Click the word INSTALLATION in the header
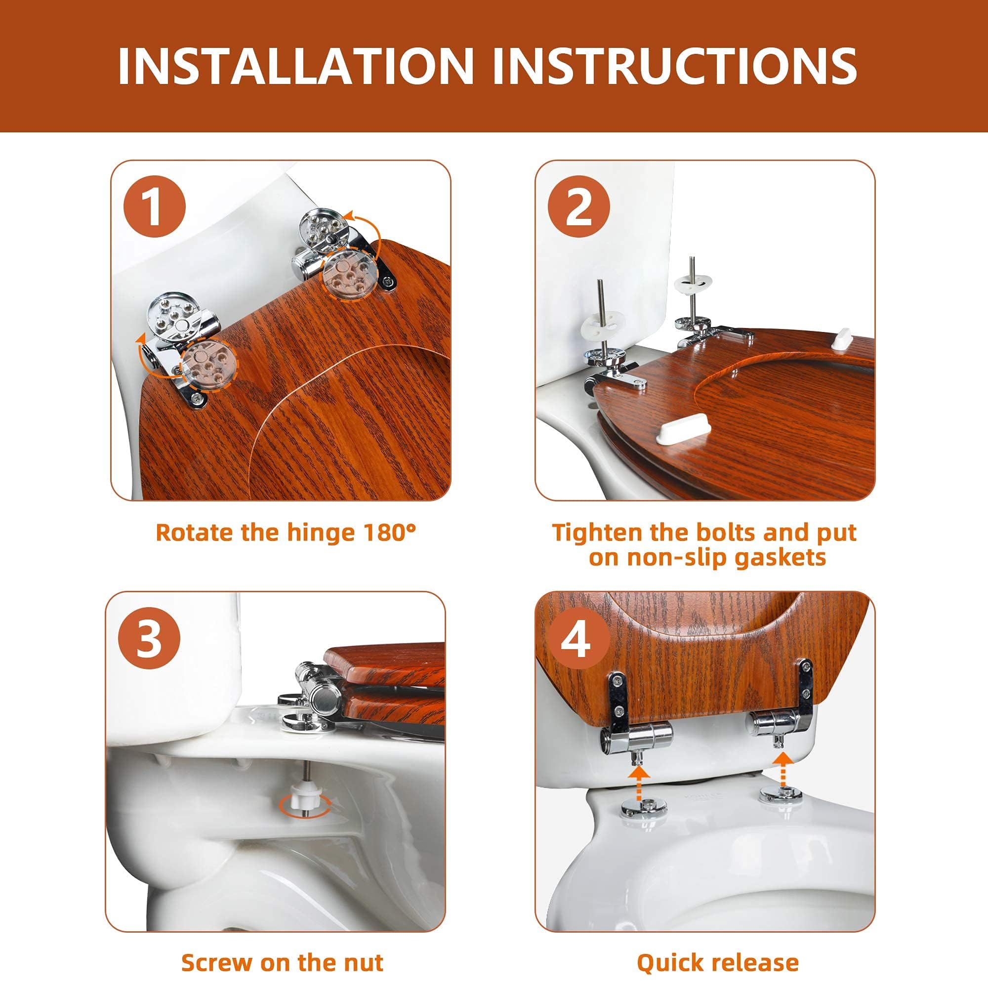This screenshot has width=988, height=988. [x=295, y=66]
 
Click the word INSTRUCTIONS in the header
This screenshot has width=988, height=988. [x=674, y=66]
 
